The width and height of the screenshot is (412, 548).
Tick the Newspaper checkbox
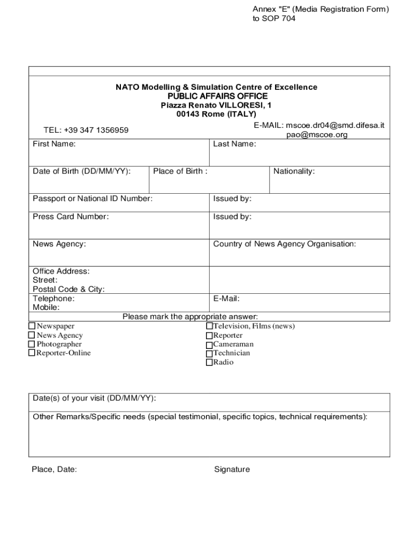click(32, 326)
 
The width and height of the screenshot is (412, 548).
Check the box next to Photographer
click(32, 344)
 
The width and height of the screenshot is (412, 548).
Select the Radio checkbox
click(209, 362)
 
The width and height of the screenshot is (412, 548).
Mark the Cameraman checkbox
click(209, 345)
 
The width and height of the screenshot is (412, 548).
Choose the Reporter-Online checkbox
click(32, 353)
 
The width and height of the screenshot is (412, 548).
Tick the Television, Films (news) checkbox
click(209, 326)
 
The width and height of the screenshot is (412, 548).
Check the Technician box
click(209, 354)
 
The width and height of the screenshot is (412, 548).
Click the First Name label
click(54, 144)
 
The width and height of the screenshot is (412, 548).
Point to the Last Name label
click(234, 144)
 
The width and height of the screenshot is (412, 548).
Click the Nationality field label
click(294, 171)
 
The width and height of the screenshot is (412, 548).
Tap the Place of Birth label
click(180, 171)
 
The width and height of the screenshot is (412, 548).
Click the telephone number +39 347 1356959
click(86, 130)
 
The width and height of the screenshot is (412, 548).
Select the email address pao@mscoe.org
click(317, 135)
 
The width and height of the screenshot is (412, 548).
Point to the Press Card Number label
click(71, 217)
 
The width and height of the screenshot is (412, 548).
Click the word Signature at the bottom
click(232, 469)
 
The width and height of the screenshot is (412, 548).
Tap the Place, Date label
click(54, 469)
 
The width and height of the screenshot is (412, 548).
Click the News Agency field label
click(59, 244)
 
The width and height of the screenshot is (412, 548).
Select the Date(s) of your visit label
click(94, 399)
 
